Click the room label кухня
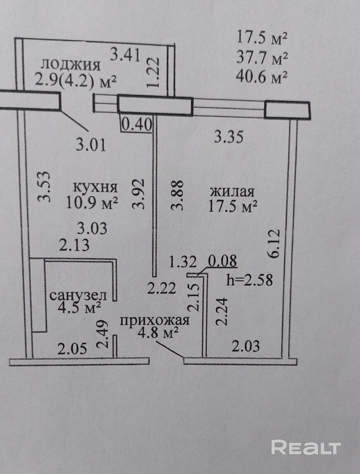click(x=95, y=187)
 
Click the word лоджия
click(x=71, y=65)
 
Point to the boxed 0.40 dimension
click(x=137, y=124)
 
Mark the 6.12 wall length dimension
click(x=276, y=244)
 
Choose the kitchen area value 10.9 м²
click(x=92, y=203)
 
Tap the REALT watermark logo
click(x=306, y=447)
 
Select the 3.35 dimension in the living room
click(x=228, y=136)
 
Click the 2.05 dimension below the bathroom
click(x=72, y=349)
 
